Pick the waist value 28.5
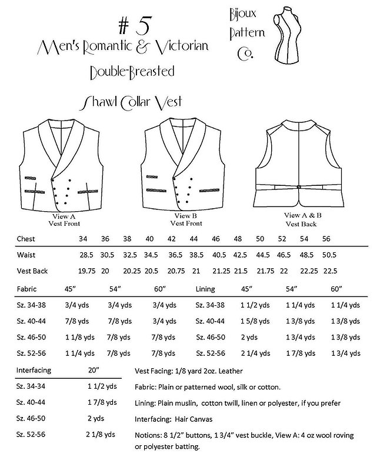tap(86, 256)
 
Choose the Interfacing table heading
tap(34, 371)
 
